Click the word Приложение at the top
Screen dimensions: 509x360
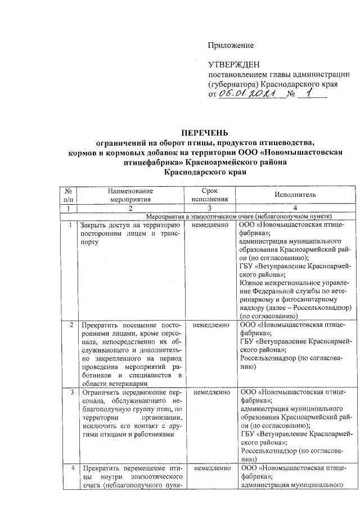click(x=231, y=45)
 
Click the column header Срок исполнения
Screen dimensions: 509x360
click(x=209, y=195)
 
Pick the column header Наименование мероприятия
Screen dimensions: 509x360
click(x=130, y=195)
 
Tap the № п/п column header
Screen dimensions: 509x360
click(x=68, y=195)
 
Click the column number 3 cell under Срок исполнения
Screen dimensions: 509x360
click(x=209, y=208)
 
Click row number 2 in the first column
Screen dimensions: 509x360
click(x=70, y=325)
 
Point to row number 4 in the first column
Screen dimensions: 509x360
click(x=70, y=468)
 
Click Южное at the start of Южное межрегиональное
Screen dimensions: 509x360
click(x=252, y=274)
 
